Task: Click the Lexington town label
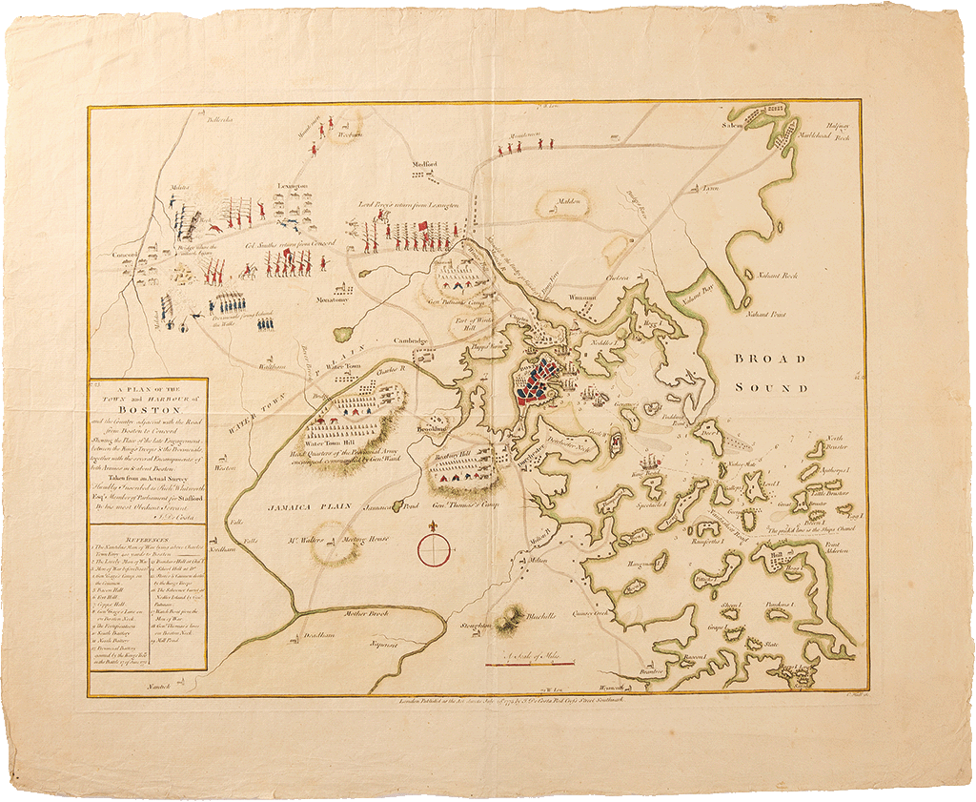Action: tap(293, 186)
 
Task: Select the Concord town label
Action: tap(128, 255)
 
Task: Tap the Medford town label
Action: tap(424, 164)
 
